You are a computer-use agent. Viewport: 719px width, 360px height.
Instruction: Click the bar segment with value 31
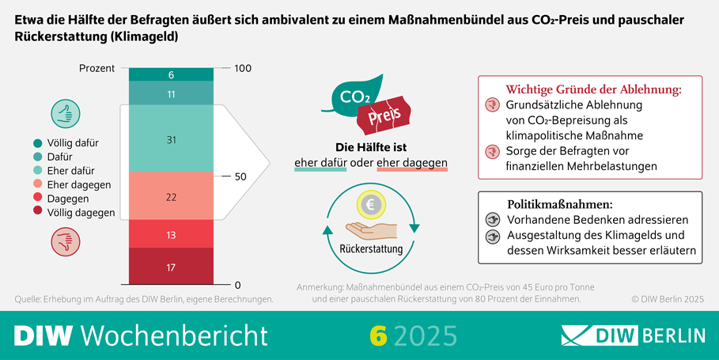tap(171, 139)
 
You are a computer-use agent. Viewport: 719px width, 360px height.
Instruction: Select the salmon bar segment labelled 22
tap(171, 197)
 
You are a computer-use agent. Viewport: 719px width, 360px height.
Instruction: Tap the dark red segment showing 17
tap(171, 267)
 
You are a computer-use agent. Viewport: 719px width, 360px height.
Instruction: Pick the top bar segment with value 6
tap(171, 74)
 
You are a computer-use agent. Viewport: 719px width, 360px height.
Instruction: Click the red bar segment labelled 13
tap(171, 235)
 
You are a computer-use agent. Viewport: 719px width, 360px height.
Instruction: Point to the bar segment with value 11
tap(171, 94)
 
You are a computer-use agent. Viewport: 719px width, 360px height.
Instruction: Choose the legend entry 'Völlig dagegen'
tap(74, 212)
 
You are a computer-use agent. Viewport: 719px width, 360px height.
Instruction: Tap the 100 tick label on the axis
tap(242, 69)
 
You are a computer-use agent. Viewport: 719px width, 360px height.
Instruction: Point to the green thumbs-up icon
tap(64, 114)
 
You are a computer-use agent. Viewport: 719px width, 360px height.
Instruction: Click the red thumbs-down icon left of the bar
tap(64, 239)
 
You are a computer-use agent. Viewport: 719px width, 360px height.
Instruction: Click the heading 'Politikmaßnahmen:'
tap(559, 203)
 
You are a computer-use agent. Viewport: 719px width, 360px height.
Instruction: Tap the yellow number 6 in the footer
tap(379, 335)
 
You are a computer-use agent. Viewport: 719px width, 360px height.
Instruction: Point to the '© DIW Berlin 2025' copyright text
tap(667, 299)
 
